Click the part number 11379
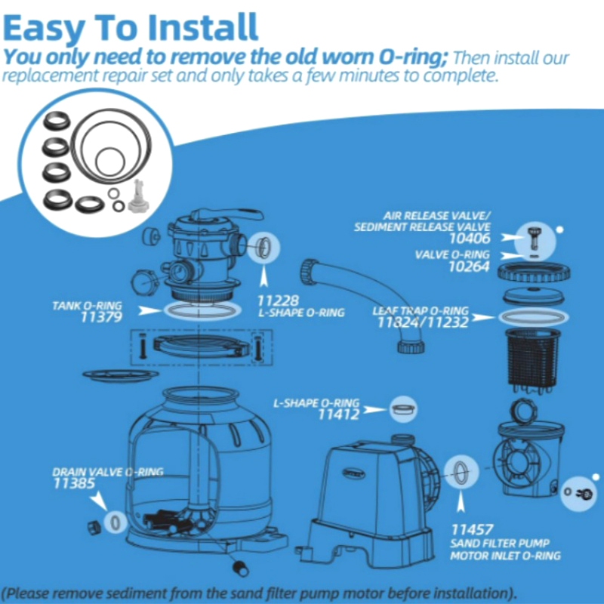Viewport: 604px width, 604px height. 101,317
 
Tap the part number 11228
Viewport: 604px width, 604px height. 278,300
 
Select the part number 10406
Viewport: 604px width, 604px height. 470,239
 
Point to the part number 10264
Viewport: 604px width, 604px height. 469,267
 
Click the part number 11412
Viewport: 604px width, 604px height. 338,414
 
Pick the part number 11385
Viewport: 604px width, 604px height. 74,483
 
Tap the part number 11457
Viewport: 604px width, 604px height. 471,530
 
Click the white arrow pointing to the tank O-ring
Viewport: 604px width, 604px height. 149,310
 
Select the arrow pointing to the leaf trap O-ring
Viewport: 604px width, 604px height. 484,317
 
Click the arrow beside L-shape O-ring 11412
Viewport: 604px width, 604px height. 374,409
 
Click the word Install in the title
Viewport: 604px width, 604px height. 203,27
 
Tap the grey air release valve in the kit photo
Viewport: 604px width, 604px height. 136,196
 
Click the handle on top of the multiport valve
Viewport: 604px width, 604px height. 227,216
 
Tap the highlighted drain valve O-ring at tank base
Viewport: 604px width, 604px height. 115,522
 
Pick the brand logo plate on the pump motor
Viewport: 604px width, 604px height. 353,474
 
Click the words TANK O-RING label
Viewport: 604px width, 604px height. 87,306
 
